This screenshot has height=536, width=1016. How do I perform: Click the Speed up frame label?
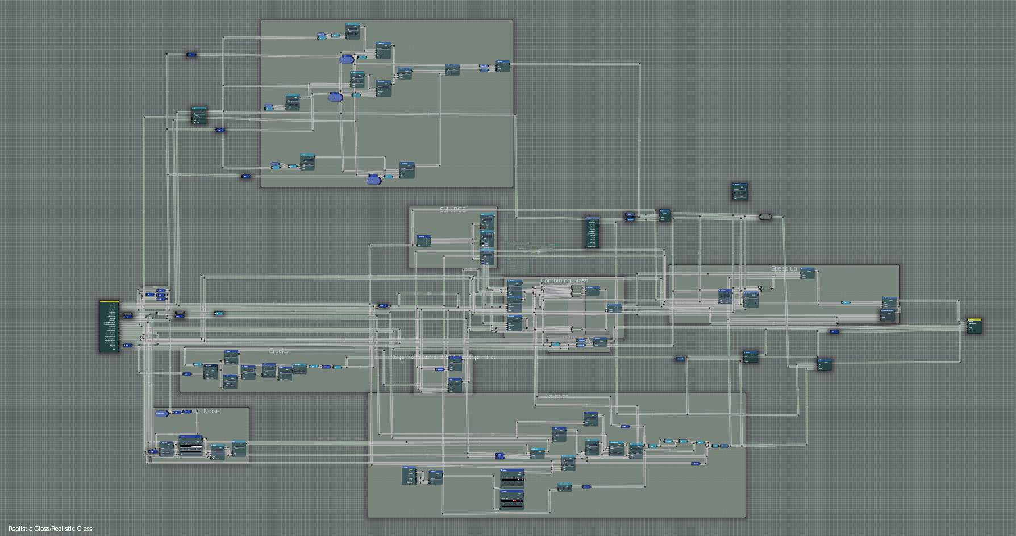pyautogui.click(x=784, y=268)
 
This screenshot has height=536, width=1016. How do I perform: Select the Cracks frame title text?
pyautogui.click(x=278, y=351)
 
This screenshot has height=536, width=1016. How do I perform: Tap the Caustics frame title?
pyautogui.click(x=556, y=396)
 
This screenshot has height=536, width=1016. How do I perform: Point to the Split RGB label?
pyautogui.click(x=452, y=210)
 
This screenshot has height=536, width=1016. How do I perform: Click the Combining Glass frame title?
pyautogui.click(x=564, y=280)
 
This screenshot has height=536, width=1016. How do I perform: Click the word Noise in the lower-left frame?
pyautogui.click(x=211, y=411)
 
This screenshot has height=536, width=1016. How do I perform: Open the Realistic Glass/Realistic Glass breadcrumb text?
pyautogui.click(x=50, y=529)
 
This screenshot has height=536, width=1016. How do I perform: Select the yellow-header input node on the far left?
pyautogui.click(x=109, y=326)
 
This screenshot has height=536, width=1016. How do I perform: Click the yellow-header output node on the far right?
pyautogui.click(x=974, y=326)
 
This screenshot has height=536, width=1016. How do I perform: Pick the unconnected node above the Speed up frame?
pyautogui.click(x=739, y=192)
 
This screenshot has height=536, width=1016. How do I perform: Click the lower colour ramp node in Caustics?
pyautogui.click(x=512, y=499)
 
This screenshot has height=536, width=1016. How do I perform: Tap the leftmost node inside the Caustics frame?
pyautogui.click(x=409, y=475)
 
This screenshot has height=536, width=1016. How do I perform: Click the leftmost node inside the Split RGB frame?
pyautogui.click(x=423, y=240)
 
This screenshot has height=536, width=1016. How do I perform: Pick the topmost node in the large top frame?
pyautogui.click(x=353, y=31)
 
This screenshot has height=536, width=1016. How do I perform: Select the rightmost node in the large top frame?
pyautogui.click(x=502, y=65)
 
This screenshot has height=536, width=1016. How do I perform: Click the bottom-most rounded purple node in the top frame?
pyautogui.click(x=373, y=180)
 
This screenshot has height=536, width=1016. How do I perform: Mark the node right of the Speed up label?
pyautogui.click(x=807, y=273)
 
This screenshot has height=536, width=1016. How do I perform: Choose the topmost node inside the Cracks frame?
pyautogui.click(x=231, y=356)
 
